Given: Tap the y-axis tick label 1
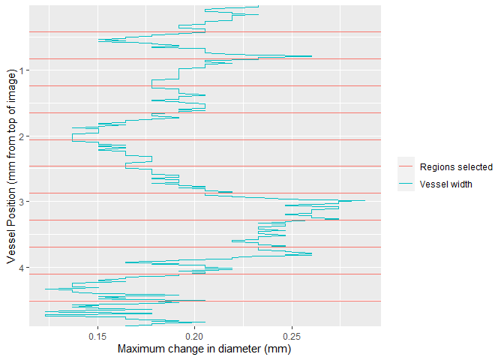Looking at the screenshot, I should [x=22, y=70].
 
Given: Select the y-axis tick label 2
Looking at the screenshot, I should [x=22, y=136].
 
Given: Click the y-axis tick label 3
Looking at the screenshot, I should [x=22, y=202].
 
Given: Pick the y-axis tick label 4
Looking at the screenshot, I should [x=22, y=268].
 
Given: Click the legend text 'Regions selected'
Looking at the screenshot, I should [x=456, y=167].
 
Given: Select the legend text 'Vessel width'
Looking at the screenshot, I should [x=446, y=184].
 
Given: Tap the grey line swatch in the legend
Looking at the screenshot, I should [x=406, y=167].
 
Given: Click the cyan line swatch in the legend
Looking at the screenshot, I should [x=406, y=184].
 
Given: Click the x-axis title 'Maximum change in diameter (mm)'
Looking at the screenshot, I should [x=204, y=349].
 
